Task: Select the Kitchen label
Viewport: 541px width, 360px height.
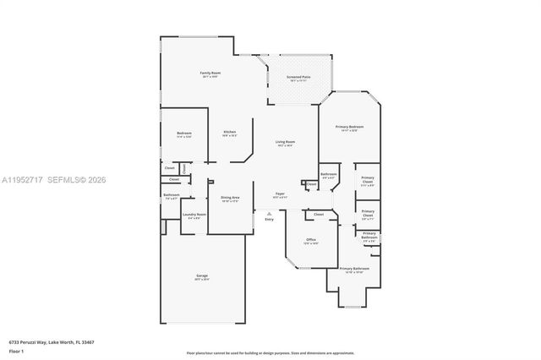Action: (x=229, y=132)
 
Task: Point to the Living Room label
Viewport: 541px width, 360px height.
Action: (x=285, y=143)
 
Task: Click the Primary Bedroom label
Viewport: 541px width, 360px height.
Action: (x=349, y=127)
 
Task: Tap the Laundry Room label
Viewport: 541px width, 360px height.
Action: (x=194, y=215)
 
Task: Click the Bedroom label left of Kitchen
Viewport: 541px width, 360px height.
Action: (x=184, y=134)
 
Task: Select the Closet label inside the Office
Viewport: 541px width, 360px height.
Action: (x=319, y=215)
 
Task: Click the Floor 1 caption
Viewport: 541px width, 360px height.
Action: (x=17, y=351)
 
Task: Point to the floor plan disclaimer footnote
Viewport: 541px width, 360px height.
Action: (x=270, y=352)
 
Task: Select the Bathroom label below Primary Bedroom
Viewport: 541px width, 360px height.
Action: (x=328, y=176)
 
